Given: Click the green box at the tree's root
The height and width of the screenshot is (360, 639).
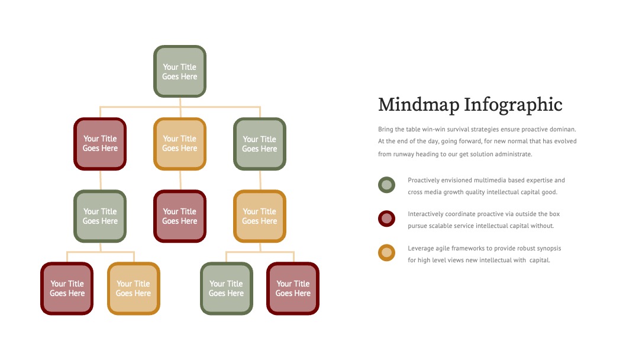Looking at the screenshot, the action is coord(180,71).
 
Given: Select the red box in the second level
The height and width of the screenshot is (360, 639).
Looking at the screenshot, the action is coord(100,143).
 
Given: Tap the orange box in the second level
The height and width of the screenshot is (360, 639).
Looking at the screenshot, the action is coord(180,143).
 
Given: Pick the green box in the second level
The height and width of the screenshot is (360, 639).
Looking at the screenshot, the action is coord(260,143).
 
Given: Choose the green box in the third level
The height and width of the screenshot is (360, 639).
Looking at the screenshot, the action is coord(100,216).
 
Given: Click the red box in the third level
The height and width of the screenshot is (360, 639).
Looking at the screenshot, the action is coord(180,216).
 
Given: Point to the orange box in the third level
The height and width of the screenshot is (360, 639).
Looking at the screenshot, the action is coord(260,216).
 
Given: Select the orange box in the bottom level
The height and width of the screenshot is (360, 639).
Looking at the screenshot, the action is coord(133,288).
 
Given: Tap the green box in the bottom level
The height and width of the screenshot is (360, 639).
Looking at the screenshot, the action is coord(226,288).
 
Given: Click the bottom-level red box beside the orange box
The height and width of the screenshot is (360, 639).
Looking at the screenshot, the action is coord(67,288).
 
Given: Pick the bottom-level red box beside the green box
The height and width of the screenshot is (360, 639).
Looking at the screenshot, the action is coord(293,288).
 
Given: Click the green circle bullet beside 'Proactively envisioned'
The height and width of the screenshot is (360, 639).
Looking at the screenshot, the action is coord(386,185).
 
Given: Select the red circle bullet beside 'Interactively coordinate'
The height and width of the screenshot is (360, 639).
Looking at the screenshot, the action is coord(386,218).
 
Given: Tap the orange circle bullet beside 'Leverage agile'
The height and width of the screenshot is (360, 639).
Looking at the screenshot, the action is coord(386,253).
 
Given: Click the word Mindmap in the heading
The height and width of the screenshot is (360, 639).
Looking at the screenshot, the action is coord(418,105).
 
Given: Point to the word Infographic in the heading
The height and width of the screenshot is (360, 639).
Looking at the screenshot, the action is coord(513,105).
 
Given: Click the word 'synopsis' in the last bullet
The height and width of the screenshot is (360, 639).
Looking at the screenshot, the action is coord(549,248).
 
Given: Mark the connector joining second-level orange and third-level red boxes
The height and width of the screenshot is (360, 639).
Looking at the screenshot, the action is coord(180,180).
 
